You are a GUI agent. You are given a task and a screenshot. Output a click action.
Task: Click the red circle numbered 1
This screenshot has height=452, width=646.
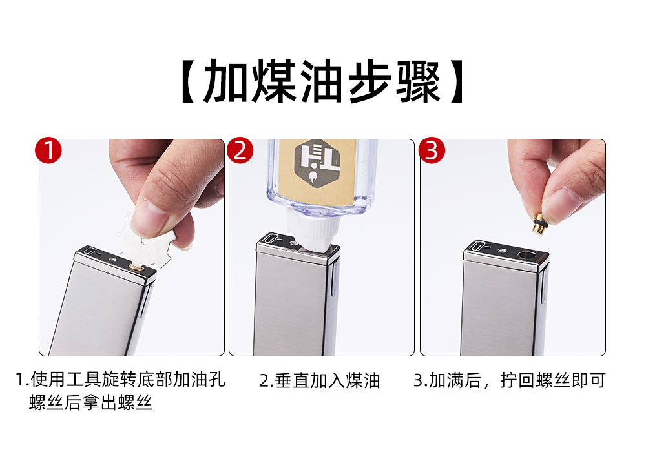[48, 150]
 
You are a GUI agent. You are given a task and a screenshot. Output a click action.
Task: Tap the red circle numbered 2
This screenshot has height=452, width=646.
[240, 150]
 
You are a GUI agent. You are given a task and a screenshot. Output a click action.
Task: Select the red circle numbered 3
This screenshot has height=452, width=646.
[432, 150]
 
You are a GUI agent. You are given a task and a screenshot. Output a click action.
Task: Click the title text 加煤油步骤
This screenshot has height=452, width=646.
[322, 81]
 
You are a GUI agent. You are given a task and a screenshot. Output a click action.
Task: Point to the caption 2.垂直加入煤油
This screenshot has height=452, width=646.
[319, 381]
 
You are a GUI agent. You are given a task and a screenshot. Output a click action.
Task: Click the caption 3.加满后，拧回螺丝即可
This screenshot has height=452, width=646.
[510, 380]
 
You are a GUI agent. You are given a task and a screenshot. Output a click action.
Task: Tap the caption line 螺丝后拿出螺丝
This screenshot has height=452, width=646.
[90, 402]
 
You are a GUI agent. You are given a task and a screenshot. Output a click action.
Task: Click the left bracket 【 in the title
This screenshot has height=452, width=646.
[189, 81]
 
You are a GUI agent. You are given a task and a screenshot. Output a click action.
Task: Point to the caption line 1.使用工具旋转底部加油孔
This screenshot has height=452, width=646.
[120, 380]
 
